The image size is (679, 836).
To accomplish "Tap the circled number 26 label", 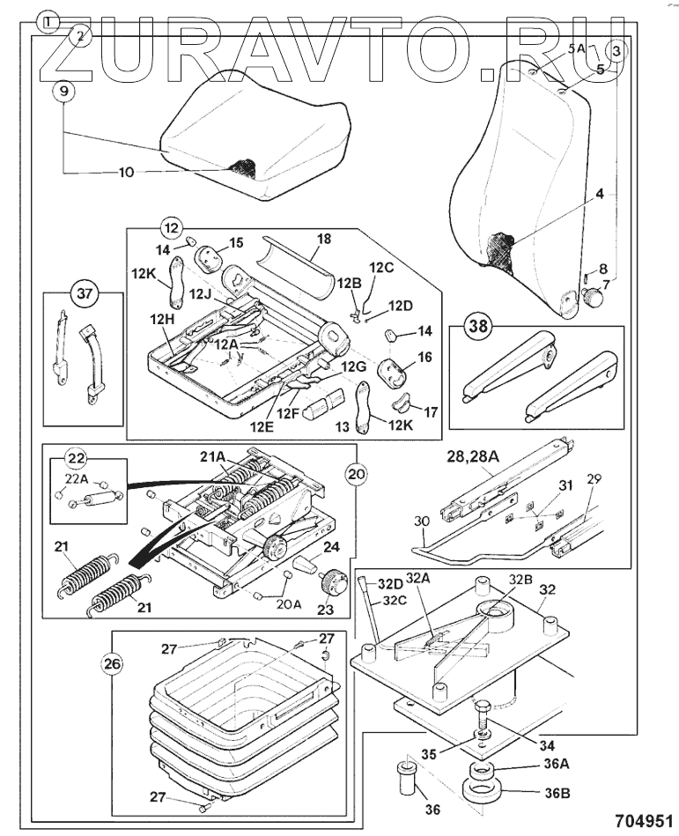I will point(112,664).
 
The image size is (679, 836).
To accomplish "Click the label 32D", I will point(390,583).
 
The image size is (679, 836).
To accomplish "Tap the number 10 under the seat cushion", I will point(126,173).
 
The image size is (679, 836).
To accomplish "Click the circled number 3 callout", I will point(617,51).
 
